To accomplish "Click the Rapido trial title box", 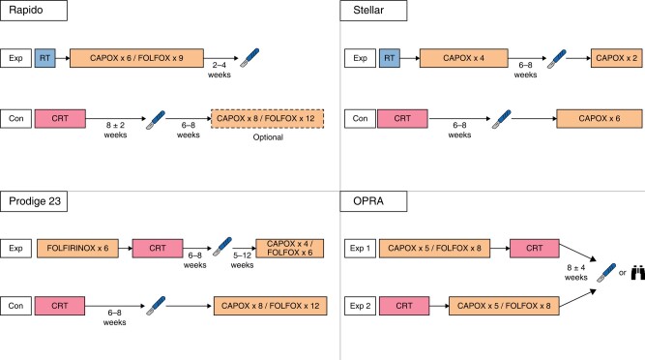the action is coord(34,11).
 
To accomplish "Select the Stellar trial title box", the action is coord(373,11).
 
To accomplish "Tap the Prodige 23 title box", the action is coord(34,201).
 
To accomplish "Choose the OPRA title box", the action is coord(373,201).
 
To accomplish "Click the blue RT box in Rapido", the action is coord(44,58).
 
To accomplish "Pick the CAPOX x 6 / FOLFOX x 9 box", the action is coord(136,58).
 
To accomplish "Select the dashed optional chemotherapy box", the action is coord(267,118).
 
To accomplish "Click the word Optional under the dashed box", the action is coord(268,137).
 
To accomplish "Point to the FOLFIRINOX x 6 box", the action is coord(77,249).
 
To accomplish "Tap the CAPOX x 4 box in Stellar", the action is coord(463,58).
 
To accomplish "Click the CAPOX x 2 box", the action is coord(617,58).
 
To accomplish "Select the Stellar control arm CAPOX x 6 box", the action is coord(600,118).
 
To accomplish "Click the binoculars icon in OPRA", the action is coord(638,273).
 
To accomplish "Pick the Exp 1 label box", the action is coord(360,249).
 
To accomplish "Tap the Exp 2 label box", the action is coord(360,306).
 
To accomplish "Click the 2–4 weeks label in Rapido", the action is coord(220,70).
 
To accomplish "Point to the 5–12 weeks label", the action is coord(242,260).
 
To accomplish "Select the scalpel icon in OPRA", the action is coord(606,273).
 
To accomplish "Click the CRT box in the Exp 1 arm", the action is coord(535,249).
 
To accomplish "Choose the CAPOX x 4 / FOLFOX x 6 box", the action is coord(289,249).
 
